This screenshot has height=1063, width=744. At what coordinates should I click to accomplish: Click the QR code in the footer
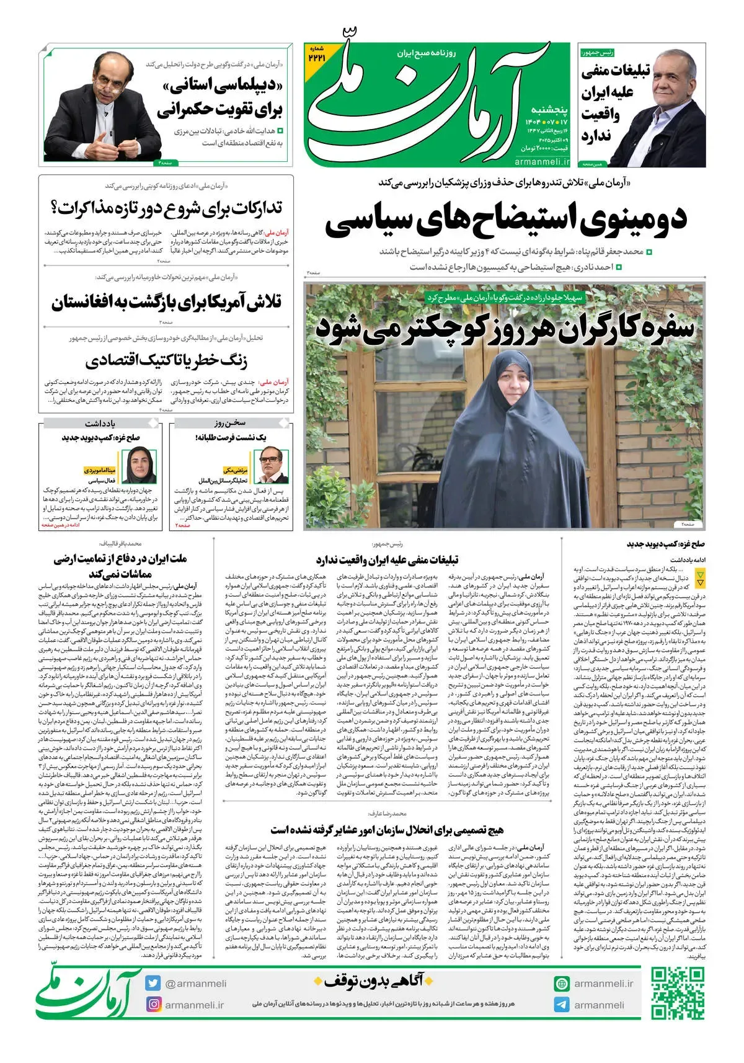(x=677, y=993)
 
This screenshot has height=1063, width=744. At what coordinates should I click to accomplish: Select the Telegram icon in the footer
(x=562, y=1005)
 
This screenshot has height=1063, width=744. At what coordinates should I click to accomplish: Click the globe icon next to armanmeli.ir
(x=562, y=984)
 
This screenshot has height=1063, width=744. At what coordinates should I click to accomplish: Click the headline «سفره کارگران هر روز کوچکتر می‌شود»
(x=505, y=329)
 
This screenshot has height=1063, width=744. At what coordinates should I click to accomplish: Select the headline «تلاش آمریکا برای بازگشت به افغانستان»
(x=166, y=303)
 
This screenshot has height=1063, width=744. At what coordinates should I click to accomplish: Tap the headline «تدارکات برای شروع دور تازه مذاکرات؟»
(x=166, y=208)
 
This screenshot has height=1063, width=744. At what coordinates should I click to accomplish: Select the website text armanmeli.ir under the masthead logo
(x=541, y=161)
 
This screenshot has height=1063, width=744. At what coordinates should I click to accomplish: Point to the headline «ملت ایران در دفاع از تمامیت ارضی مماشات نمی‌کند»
(x=120, y=566)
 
